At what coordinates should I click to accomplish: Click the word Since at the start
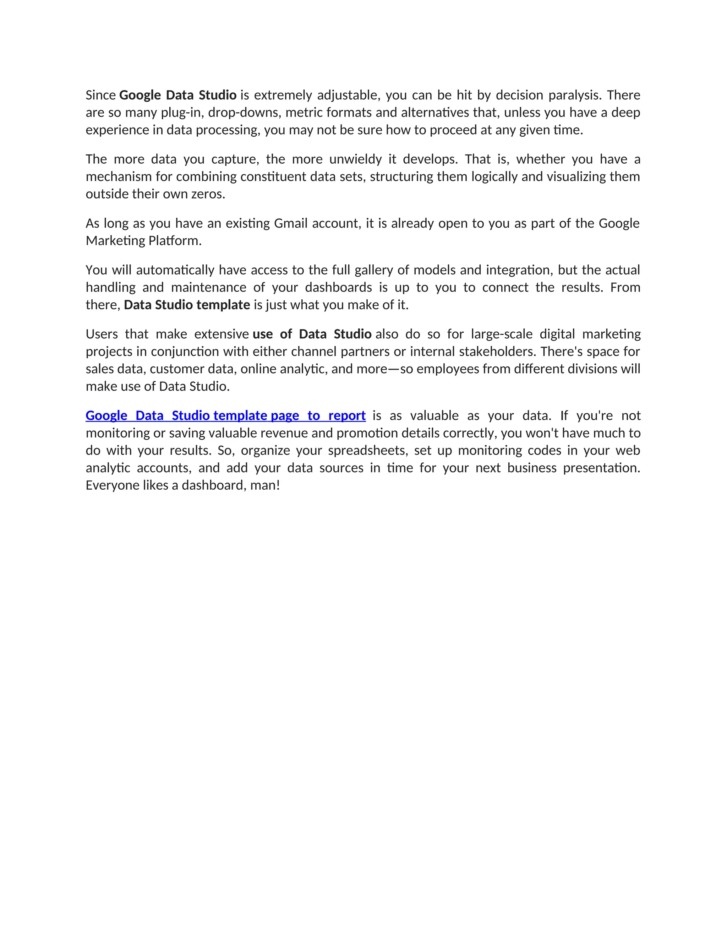coord(101,95)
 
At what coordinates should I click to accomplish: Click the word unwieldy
coord(355,159)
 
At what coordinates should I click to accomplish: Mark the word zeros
coord(208,194)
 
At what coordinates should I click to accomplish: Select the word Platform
coord(175,240)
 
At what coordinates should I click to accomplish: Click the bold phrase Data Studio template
coord(187,305)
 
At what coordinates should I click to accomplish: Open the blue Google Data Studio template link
coord(225,416)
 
